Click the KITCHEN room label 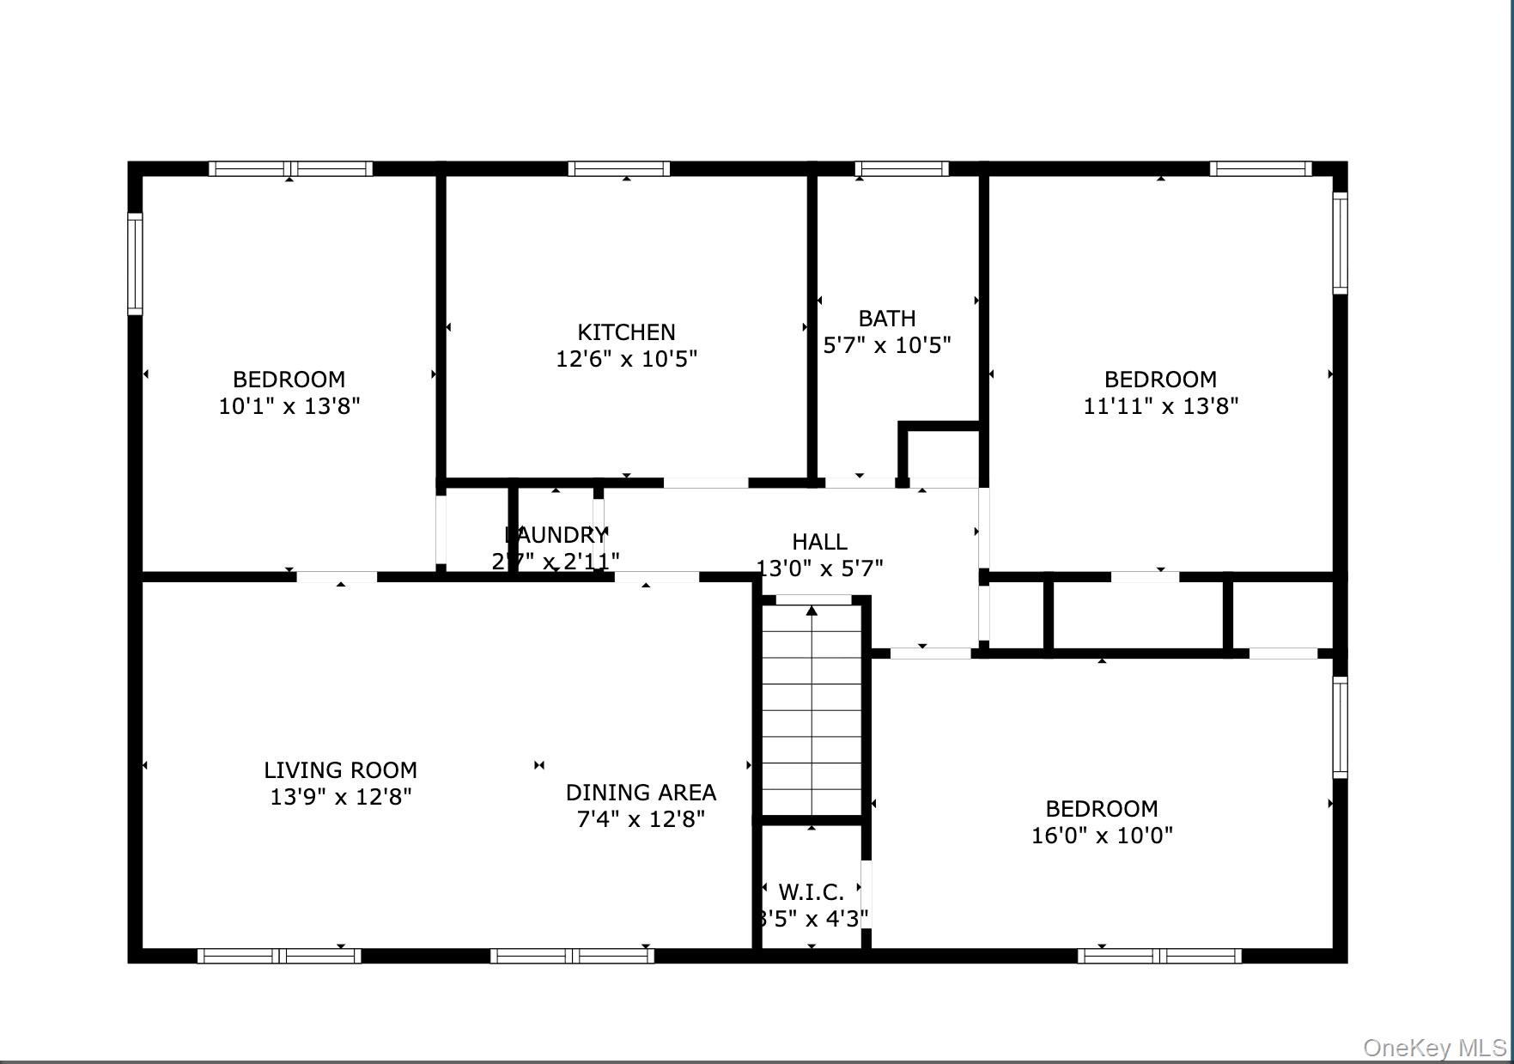626,331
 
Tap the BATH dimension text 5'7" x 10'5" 887,345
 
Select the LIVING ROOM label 340,769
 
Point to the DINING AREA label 641,792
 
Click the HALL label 819,541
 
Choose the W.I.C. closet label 811,891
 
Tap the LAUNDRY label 556,535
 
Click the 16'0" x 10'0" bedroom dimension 1102,835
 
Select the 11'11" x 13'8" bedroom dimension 1160,405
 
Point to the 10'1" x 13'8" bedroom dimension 289,405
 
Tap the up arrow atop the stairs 812,611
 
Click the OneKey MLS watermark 1433,1048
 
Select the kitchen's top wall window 618,168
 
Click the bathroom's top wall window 902,168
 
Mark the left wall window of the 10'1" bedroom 135,263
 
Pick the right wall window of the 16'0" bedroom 1340,727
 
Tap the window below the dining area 572,956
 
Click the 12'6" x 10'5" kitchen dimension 626,358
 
